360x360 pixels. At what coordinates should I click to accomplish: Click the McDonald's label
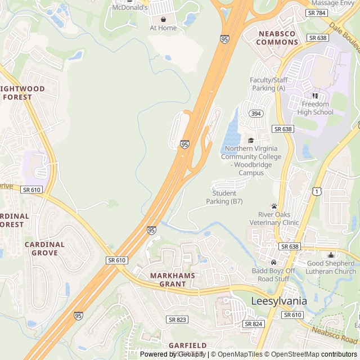click(x=130, y=8)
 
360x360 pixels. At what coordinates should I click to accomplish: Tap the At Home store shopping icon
click(x=163, y=19)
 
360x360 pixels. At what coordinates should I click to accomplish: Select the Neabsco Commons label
click(x=277, y=38)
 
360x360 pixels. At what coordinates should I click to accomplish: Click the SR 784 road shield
click(x=317, y=12)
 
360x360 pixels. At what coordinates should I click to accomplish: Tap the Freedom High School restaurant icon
click(x=315, y=96)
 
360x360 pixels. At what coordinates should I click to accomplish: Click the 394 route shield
click(x=256, y=114)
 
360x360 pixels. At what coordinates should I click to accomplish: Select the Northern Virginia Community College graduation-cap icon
click(x=251, y=140)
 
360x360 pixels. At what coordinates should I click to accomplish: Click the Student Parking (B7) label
click(x=224, y=197)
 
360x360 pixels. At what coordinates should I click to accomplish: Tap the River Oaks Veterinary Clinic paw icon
click(x=274, y=206)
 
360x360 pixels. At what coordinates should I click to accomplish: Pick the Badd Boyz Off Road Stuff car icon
click(x=274, y=262)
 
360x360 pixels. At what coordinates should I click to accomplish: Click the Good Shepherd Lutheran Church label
click(x=331, y=267)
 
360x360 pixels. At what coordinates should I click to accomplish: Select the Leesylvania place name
click(x=277, y=301)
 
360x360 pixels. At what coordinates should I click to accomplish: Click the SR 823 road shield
click(x=177, y=319)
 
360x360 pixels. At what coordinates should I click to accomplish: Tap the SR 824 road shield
click(x=254, y=324)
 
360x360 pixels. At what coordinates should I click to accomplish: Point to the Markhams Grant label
click(x=172, y=280)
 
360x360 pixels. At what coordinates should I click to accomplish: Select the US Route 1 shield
click(x=317, y=192)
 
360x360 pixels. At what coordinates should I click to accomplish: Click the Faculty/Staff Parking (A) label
click(x=268, y=84)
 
